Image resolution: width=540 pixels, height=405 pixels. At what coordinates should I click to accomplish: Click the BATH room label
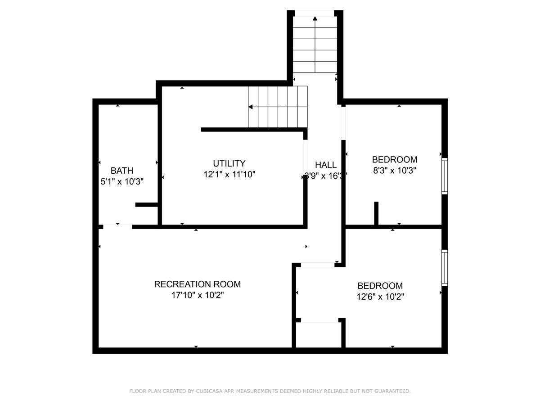coord(122,171)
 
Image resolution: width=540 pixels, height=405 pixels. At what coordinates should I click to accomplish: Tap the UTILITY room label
coord(229,163)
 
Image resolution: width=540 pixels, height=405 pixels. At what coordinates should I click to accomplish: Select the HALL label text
coord(325,165)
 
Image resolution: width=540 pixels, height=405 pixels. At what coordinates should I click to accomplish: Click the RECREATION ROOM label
coord(197,284)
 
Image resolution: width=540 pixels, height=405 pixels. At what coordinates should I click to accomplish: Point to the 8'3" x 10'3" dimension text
coord(394,171)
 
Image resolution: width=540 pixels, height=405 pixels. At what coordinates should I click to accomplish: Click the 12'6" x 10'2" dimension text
coord(380,297)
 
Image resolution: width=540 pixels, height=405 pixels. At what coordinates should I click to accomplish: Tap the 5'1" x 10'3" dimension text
coord(122,181)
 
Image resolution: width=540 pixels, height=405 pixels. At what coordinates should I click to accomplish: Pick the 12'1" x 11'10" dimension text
coord(229,174)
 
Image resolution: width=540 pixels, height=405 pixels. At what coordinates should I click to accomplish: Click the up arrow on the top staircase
coord(315,18)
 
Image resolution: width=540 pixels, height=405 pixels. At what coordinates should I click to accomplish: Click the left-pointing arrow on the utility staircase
coord(251,107)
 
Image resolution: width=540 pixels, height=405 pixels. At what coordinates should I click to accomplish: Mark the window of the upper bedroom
coord(445,176)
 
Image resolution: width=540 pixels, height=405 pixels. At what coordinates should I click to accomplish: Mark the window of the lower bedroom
coord(445,268)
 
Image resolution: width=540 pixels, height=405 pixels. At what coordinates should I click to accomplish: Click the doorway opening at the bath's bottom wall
coord(117,226)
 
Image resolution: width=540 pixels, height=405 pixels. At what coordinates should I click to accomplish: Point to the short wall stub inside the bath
coord(146,205)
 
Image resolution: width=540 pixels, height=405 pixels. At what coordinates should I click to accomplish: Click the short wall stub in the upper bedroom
coord(376,213)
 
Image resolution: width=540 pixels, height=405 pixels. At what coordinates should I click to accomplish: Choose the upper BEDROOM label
coord(394,159)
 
